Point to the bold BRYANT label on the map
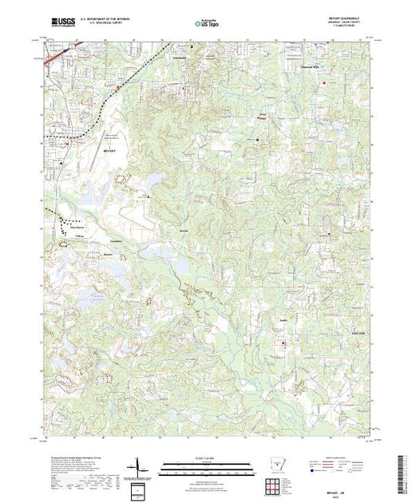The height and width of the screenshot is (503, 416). (110, 148)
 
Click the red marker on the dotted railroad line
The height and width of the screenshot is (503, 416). (120, 85)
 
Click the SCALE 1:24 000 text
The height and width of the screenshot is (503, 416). (208, 457)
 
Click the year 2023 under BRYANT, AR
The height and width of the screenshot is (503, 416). (349, 495)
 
